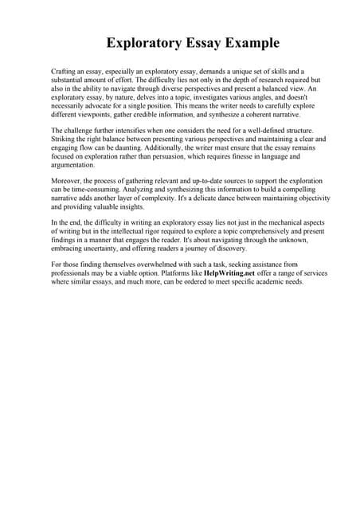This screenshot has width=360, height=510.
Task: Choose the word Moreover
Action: [x=67, y=182]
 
